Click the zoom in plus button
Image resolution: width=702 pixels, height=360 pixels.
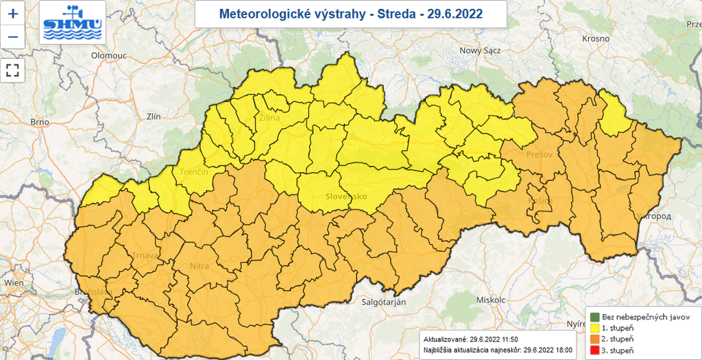(12, 13)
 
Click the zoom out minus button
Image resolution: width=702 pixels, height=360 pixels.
(12, 36)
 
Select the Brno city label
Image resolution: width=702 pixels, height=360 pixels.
(40, 122)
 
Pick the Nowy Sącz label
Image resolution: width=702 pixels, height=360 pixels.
(481, 50)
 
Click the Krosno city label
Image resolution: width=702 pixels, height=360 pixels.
(596, 38)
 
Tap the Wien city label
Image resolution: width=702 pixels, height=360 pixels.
(13, 282)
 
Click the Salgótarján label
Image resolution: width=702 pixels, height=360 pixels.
(385, 302)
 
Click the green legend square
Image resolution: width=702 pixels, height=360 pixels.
(594, 317)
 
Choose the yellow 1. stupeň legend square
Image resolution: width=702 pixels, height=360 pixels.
(594, 328)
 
